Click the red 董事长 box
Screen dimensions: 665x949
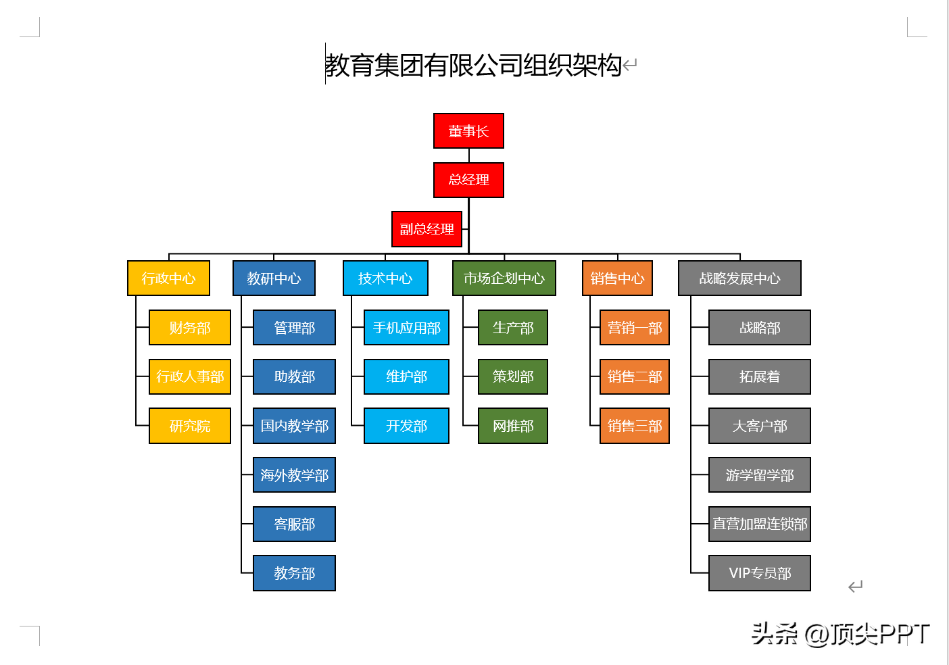(468, 131)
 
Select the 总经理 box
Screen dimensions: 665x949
(468, 180)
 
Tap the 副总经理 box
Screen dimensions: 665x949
(427, 229)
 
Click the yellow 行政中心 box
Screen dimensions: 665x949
(168, 278)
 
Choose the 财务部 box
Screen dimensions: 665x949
(190, 328)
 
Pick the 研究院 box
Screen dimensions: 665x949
(190, 426)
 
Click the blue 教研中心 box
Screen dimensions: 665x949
(274, 278)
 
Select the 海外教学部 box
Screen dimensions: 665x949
(294, 475)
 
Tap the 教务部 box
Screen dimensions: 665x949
(294, 573)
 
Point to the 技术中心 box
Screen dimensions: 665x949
(385, 278)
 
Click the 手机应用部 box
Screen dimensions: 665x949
(406, 328)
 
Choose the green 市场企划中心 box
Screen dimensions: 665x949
(504, 278)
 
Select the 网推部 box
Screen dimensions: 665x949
(513, 426)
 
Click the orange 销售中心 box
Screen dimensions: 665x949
(617, 278)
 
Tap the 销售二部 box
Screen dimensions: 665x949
(635, 376)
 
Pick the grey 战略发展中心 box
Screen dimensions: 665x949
(739, 278)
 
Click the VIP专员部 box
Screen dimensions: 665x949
(760, 573)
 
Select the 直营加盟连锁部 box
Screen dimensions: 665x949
(760, 524)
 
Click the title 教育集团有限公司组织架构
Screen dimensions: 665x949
(473, 66)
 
